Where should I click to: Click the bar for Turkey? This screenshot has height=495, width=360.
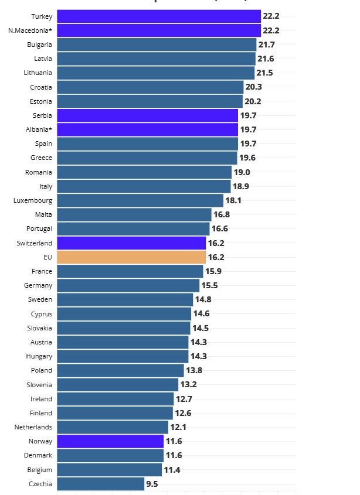click(158, 16)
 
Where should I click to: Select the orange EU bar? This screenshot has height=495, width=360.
click(131, 257)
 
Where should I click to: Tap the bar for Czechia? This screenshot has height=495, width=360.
click(100, 484)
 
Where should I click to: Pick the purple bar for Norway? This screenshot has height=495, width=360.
click(110, 441)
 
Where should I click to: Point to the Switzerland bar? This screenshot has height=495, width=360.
click(131, 243)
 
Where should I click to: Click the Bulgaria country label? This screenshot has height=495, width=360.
click(39, 45)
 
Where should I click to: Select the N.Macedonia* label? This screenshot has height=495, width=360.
click(30, 30)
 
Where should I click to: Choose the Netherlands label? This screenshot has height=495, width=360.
click(33, 427)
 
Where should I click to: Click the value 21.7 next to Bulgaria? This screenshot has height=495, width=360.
click(267, 45)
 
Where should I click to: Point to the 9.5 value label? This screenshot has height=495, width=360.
click(152, 484)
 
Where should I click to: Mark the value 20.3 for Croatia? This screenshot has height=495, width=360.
click(254, 87)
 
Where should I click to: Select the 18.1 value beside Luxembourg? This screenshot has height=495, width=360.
click(233, 200)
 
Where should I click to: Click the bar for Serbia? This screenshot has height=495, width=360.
click(147, 115)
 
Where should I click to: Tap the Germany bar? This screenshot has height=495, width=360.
click(128, 285)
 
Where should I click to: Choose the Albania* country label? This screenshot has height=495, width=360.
click(35, 129)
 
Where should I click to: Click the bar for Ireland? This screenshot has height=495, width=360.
click(115, 399)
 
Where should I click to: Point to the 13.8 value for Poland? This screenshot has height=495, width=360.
click(194, 370)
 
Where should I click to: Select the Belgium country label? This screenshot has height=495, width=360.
click(40, 470)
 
